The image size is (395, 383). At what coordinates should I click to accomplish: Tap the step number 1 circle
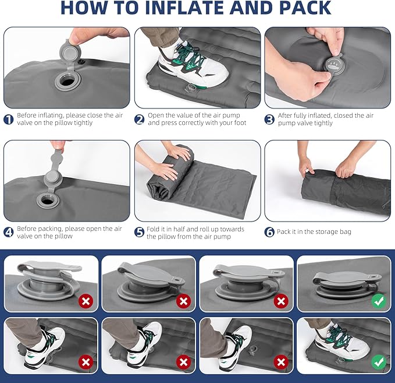click(x=9, y=120)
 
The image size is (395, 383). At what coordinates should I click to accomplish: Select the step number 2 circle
click(x=140, y=120)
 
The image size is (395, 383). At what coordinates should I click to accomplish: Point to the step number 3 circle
click(x=269, y=120)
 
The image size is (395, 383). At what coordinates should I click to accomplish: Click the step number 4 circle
click(x=9, y=232)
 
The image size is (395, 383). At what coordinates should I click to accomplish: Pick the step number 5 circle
click(x=140, y=232)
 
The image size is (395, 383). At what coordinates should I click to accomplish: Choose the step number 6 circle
click(x=269, y=232)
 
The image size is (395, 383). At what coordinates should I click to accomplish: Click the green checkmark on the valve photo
click(x=378, y=301)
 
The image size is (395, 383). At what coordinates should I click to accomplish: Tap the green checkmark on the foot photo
click(x=378, y=362)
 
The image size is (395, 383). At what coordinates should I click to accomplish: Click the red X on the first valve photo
click(x=86, y=301)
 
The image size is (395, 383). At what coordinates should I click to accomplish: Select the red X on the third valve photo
click(x=281, y=301)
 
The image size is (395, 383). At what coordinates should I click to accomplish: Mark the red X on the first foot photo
click(x=86, y=362)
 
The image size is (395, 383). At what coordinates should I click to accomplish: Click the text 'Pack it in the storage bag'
click(x=314, y=232)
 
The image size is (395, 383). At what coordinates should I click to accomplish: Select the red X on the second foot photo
click(x=183, y=362)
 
